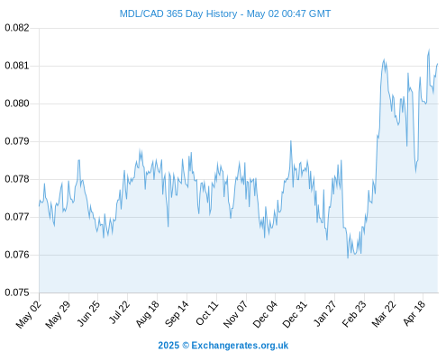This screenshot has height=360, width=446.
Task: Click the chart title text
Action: (x=225, y=13)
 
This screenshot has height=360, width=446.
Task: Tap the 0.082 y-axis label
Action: (x=17, y=28)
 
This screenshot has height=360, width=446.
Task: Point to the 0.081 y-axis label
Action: (x=17, y=66)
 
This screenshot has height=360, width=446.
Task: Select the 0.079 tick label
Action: (x=17, y=141)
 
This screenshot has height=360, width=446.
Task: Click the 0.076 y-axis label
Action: (x=17, y=255)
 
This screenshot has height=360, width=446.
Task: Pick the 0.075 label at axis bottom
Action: (x=17, y=292)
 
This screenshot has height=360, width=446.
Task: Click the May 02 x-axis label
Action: (x=28, y=314)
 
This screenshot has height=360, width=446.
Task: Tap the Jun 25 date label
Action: (x=88, y=313)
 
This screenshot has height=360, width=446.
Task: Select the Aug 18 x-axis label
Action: (x=147, y=313)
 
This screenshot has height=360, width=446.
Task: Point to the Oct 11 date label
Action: (x=206, y=312)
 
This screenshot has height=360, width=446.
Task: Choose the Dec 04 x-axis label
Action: (x=265, y=314)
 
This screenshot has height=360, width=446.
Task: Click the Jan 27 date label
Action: (x=324, y=313)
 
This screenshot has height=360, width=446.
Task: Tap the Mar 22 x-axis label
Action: (x=384, y=314)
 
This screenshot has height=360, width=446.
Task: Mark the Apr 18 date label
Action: (x=414, y=313)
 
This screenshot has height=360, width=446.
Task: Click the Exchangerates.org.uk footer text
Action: (x=240, y=346)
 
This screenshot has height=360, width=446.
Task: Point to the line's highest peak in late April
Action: (x=429, y=49)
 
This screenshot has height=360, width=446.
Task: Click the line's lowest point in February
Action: (x=348, y=257)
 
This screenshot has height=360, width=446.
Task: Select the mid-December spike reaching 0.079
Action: (x=291, y=141)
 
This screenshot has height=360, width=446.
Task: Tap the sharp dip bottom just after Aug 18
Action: (x=168, y=226)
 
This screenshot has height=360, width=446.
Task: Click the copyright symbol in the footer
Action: (x=186, y=346)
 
